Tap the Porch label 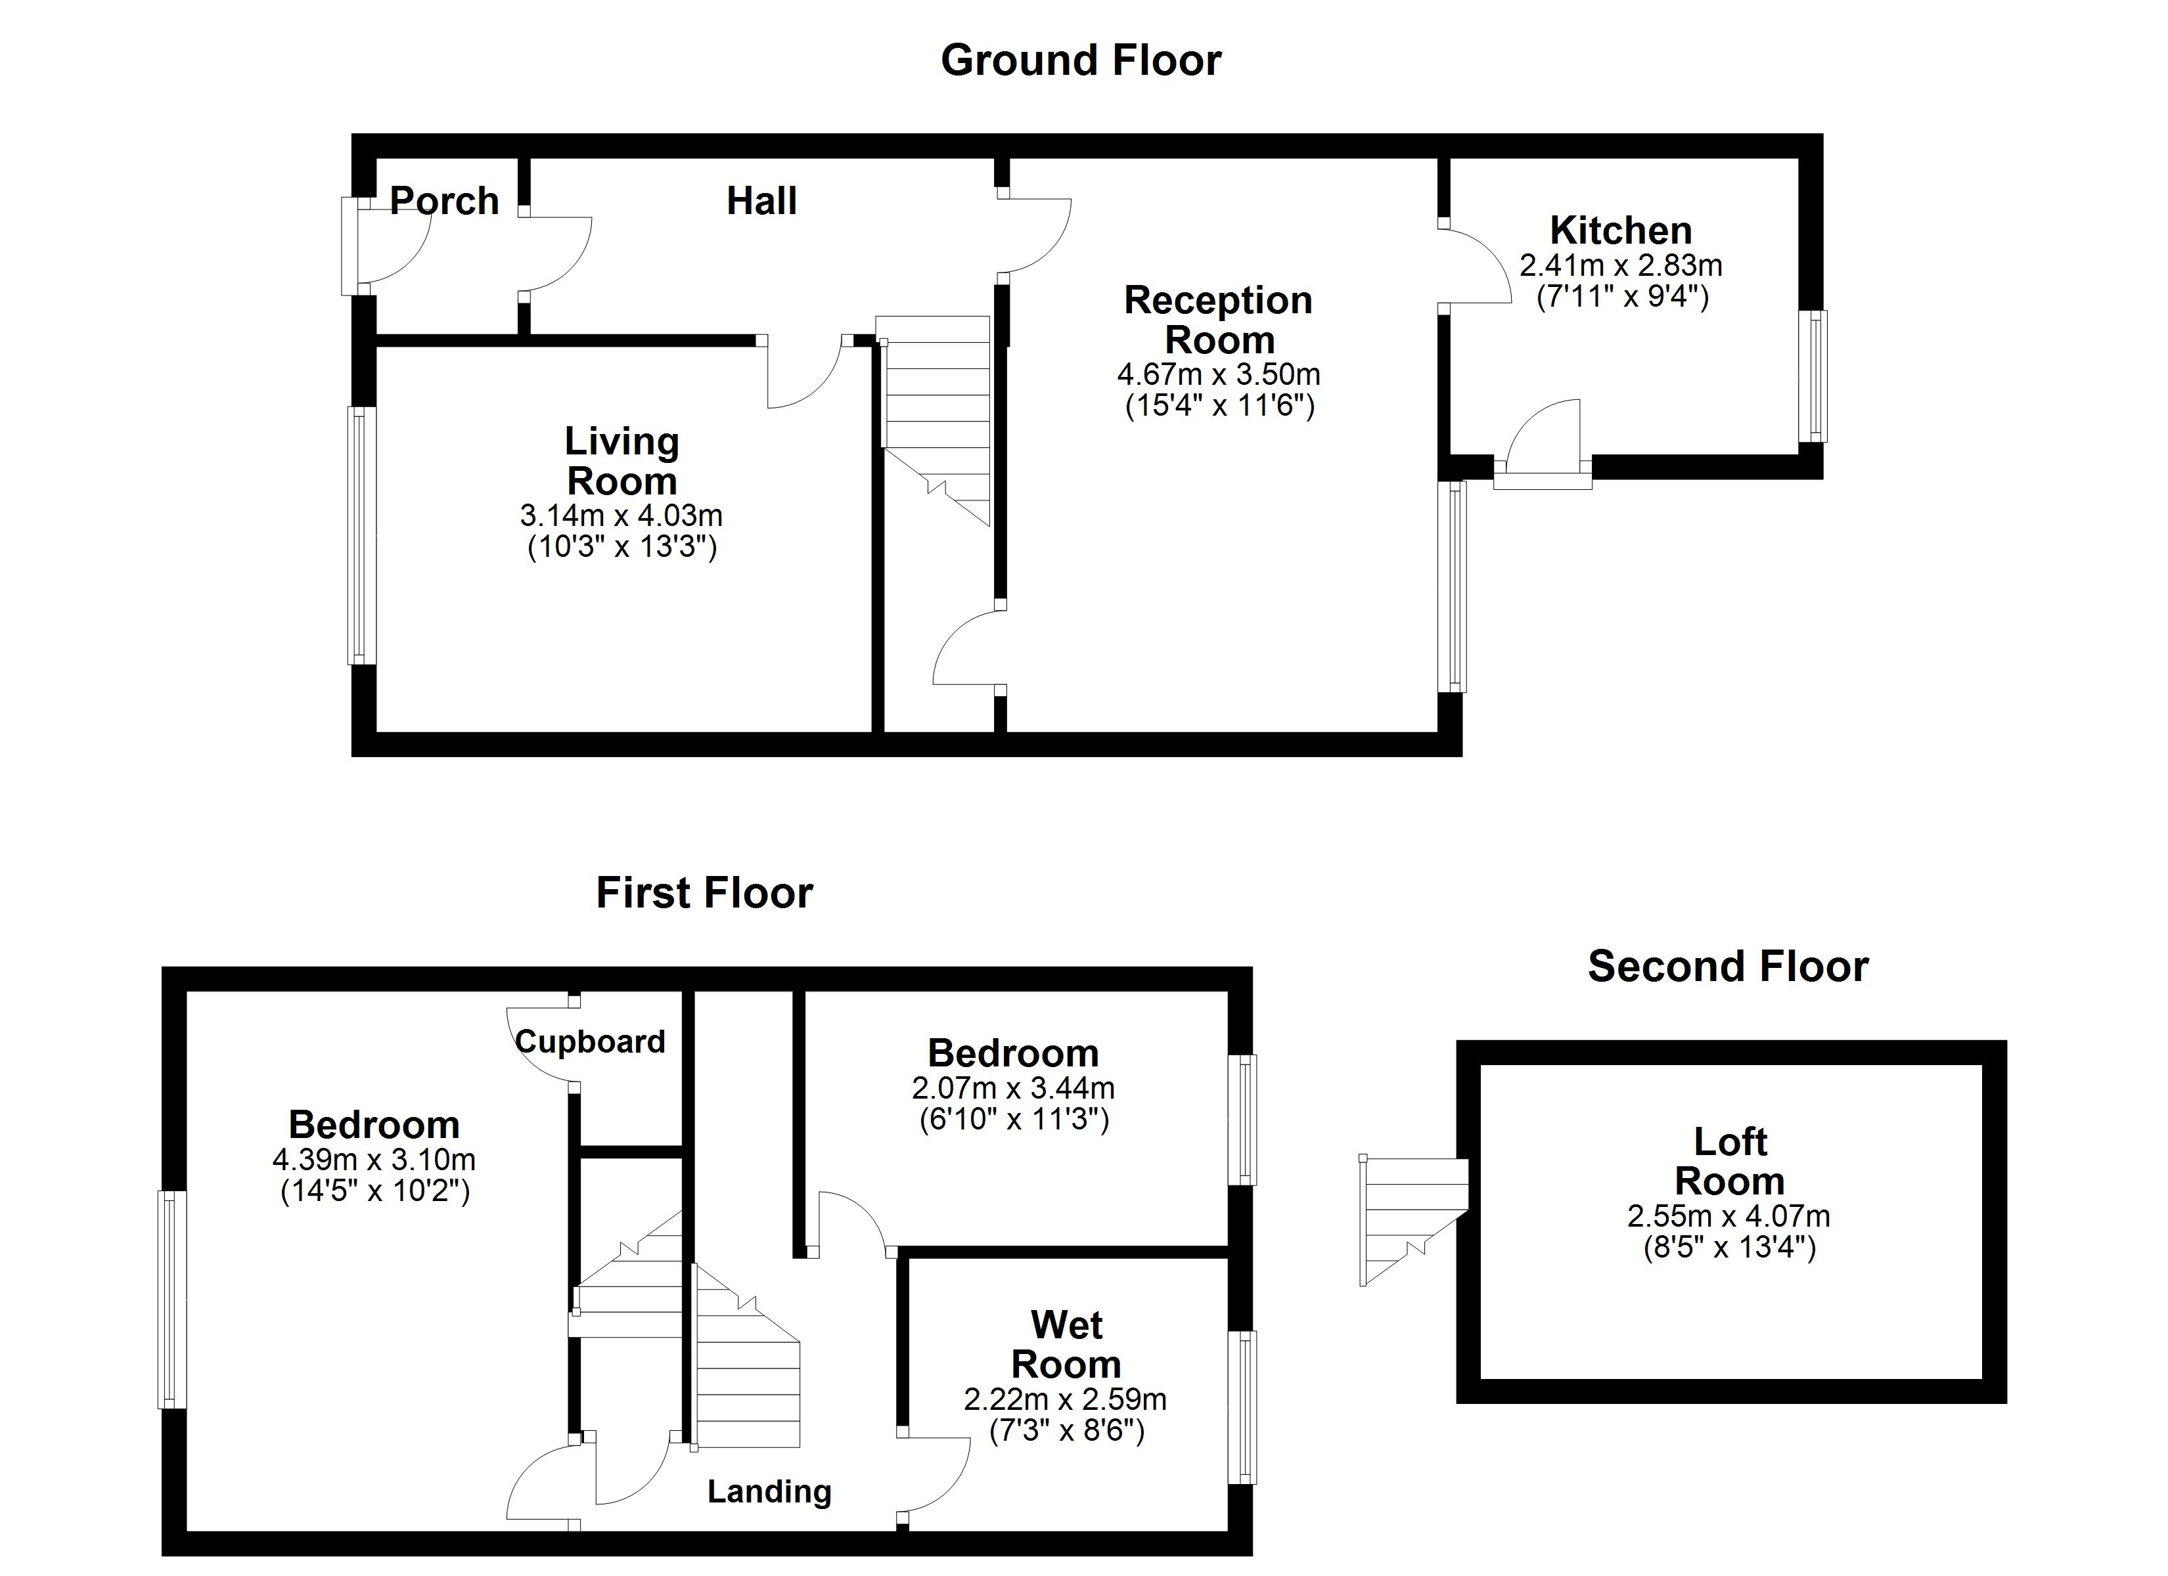coord(445,201)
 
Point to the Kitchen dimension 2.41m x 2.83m coord(1621,265)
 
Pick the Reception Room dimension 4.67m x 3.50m coord(1219,374)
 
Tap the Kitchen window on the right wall coord(1813,376)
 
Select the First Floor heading coord(704,892)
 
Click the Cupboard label coord(590,1041)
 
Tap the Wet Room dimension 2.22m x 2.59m coord(1065,1400)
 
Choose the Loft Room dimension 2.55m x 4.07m coord(1728,1217)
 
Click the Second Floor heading coord(1727,966)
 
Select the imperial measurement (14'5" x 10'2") coord(374,1191)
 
